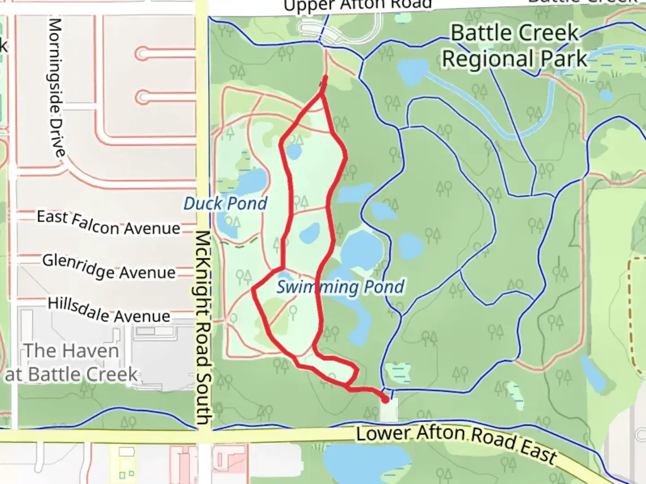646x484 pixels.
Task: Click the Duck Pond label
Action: [x=225, y=204]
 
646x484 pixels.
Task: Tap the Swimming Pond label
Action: [x=340, y=287]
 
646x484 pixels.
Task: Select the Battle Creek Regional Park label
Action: [x=515, y=46]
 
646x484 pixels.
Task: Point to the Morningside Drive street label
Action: [x=56, y=87]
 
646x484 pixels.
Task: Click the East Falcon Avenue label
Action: [x=108, y=223]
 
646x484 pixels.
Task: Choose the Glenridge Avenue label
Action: [x=109, y=267]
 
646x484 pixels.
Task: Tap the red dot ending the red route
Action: [x=385, y=398]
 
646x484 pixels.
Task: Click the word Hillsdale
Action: [x=79, y=307]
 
